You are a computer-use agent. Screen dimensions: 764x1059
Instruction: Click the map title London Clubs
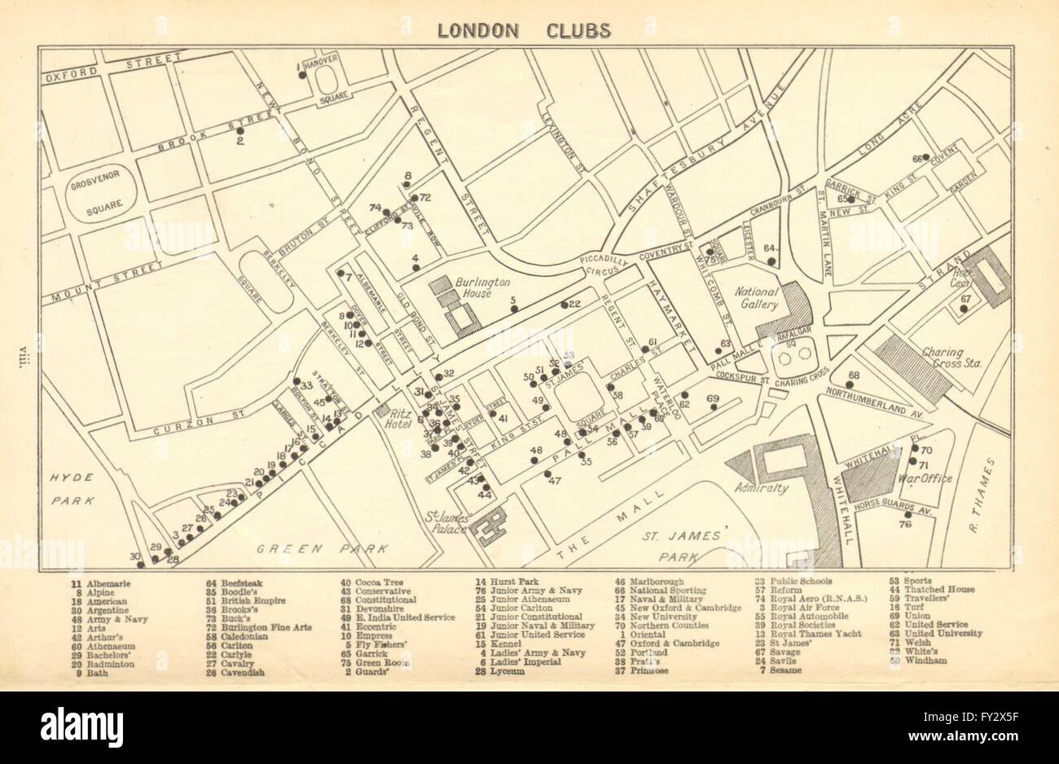point(523,31)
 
